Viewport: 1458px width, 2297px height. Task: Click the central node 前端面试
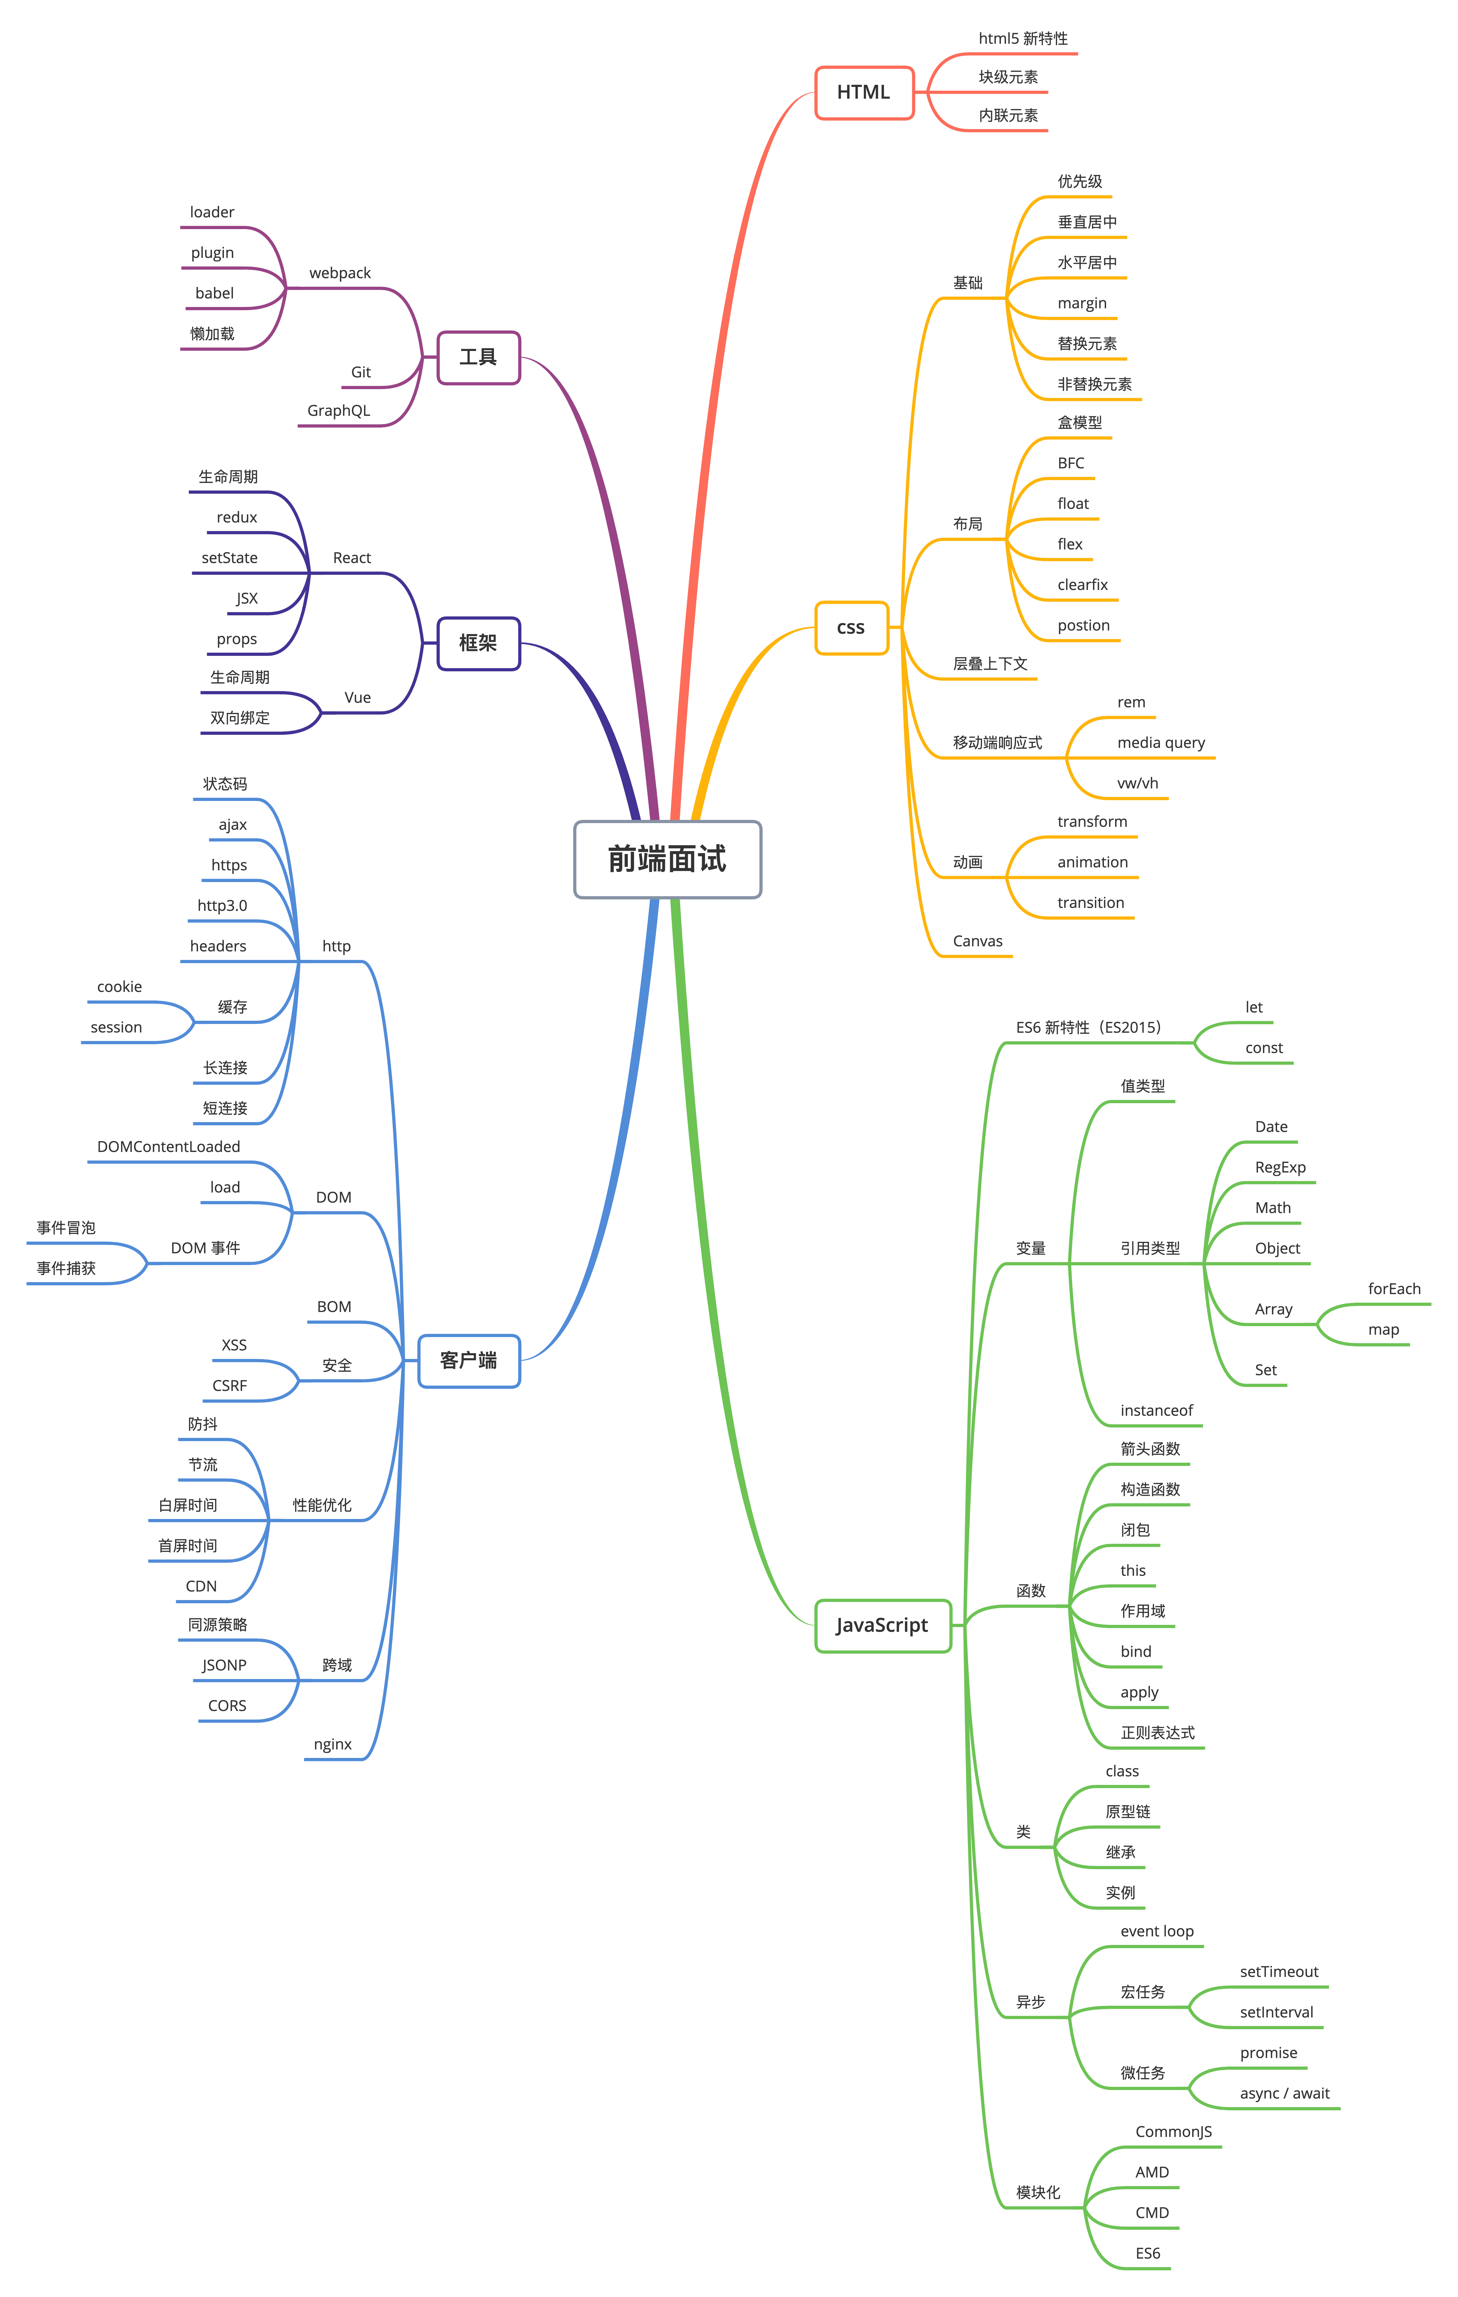[x=667, y=859]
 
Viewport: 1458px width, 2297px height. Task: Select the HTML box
[x=863, y=93]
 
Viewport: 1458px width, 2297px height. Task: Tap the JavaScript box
[x=882, y=1625]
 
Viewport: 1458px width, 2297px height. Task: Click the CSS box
[x=850, y=628]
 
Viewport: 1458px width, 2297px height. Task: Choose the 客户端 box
[x=469, y=1360]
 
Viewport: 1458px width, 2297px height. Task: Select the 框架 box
[x=478, y=643]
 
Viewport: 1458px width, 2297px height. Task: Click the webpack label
[x=340, y=273]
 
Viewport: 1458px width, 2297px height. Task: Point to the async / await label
[x=1284, y=2093]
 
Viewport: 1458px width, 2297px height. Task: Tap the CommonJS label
[x=1173, y=2131]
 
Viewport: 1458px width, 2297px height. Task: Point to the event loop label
[x=1156, y=1931]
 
